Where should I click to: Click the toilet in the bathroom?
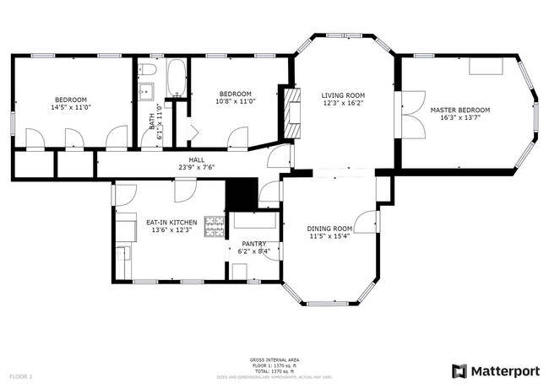pyautogui.click(x=147, y=69)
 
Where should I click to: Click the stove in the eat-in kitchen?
pyautogui.click(x=215, y=227)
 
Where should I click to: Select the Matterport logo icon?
pyautogui.click(x=459, y=370)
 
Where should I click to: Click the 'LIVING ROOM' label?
pyautogui.click(x=343, y=95)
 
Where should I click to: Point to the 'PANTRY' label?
pyautogui.click(x=254, y=243)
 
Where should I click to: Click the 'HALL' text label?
pyautogui.click(x=197, y=159)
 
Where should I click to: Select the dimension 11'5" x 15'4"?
pyautogui.click(x=329, y=237)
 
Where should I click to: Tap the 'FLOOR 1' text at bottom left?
pyautogui.click(x=20, y=375)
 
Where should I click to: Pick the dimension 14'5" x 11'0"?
pyautogui.click(x=70, y=107)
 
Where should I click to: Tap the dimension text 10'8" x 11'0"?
pyautogui.click(x=236, y=101)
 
